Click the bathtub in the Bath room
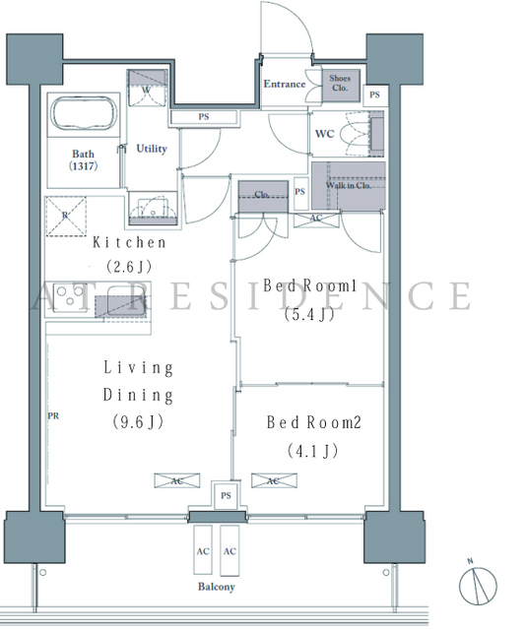coord(84,113)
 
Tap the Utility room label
coord(152,149)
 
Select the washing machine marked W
coord(147,88)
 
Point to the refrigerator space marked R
coord(66,217)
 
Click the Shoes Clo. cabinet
coord(340,85)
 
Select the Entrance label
coord(285,84)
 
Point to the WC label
coord(325,134)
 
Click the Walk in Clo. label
coord(349,186)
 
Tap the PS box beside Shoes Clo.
coord(374,95)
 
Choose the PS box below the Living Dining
coord(226,496)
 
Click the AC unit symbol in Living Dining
coord(177,481)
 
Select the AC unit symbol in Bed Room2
coord(274,481)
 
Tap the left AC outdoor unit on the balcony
coord(203,550)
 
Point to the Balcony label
coord(217,587)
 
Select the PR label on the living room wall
coord(53,416)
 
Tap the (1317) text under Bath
coord(83,166)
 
